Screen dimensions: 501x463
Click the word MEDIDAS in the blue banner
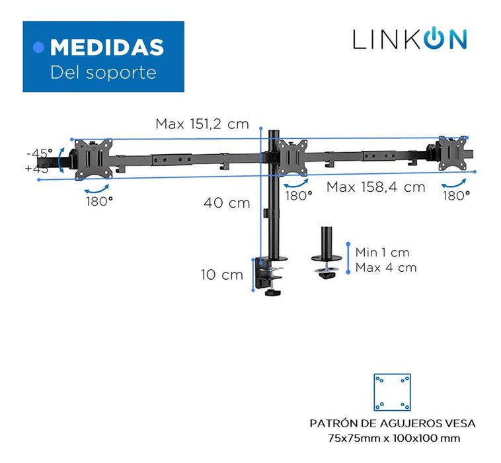pyautogui.click(x=107, y=48)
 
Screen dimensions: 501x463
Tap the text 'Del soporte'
pyautogui.click(x=103, y=73)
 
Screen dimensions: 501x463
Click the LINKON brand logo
pyautogui.click(x=410, y=39)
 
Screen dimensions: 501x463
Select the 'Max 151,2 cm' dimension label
pyautogui.click(x=202, y=124)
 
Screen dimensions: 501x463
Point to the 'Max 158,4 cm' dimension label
pyautogui.click(x=375, y=187)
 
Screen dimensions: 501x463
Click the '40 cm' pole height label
pyautogui.click(x=227, y=203)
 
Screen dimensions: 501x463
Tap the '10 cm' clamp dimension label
pyautogui.click(x=221, y=275)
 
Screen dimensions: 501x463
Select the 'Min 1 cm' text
pyautogui.click(x=383, y=253)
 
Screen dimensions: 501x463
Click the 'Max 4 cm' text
pyautogui.click(x=386, y=268)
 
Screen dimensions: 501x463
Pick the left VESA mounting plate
pyautogui.click(x=93, y=159)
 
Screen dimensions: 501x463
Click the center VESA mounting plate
pyautogui.click(x=292, y=157)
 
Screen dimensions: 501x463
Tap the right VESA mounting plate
pyautogui.click(x=453, y=153)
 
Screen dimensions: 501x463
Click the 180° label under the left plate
pyautogui.click(x=99, y=202)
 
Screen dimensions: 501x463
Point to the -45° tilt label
pyautogui.click(x=39, y=153)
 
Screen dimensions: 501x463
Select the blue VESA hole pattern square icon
pyautogui.click(x=393, y=392)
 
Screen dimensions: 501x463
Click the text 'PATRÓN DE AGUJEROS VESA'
pyautogui.click(x=393, y=424)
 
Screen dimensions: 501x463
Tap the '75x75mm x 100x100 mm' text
pyautogui.click(x=394, y=438)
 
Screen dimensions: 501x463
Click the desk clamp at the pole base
pyautogui.click(x=269, y=276)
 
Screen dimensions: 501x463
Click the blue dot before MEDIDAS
pyautogui.click(x=38, y=48)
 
